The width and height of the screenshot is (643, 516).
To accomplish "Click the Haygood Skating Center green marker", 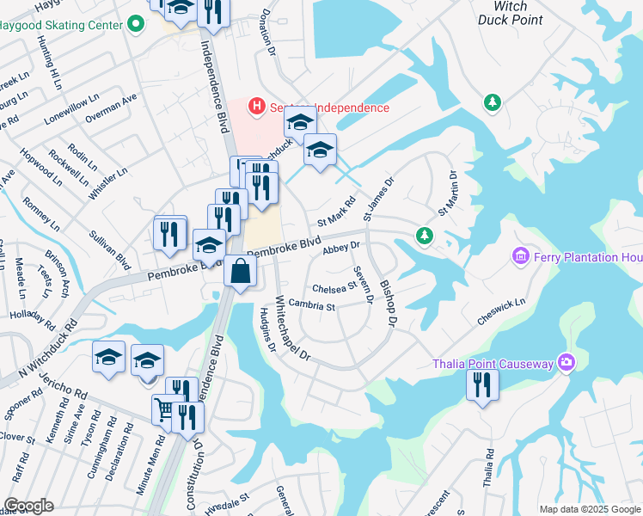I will [x=135, y=24].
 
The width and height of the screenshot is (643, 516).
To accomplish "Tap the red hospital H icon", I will [x=255, y=107].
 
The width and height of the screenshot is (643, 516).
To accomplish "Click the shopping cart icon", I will [x=164, y=408].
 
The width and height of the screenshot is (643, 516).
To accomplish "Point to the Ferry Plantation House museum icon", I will [x=520, y=256].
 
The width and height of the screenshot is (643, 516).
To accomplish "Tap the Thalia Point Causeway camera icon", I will [x=565, y=363].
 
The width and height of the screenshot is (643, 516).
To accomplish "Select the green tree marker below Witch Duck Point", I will [x=493, y=103].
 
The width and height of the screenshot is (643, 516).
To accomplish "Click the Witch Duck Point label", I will [x=502, y=12].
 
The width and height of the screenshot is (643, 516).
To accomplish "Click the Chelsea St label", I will [x=334, y=287].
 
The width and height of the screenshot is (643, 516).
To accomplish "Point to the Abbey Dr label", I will [x=340, y=249].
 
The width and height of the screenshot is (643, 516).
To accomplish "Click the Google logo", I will [x=28, y=506].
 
